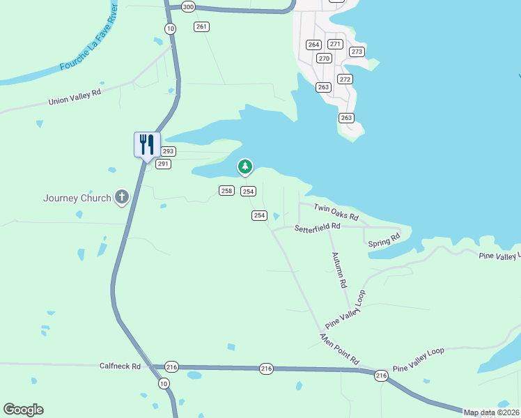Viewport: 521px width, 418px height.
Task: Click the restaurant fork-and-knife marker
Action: click(147, 145)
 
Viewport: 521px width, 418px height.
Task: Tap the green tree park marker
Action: click(244, 167)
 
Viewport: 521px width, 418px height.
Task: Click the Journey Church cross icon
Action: click(122, 198)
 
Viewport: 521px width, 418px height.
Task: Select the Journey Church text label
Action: click(77, 198)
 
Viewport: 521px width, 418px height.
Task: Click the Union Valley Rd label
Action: click(75, 96)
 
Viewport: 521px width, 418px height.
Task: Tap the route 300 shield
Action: click(187, 6)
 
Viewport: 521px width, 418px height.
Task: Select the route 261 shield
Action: click(202, 26)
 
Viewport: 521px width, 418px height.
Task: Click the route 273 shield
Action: click(357, 52)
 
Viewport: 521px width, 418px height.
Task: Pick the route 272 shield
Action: click(345, 79)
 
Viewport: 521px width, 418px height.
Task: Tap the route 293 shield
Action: click(169, 151)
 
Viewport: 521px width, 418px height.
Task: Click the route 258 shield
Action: click(226, 191)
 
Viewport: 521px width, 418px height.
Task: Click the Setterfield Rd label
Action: click(317, 227)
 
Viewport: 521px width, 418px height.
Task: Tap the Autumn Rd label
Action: click(339, 270)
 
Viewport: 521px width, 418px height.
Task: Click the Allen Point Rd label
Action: click(339, 349)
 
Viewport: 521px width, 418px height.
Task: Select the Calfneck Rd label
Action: click(120, 366)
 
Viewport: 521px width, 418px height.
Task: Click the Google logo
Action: click(23, 410)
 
